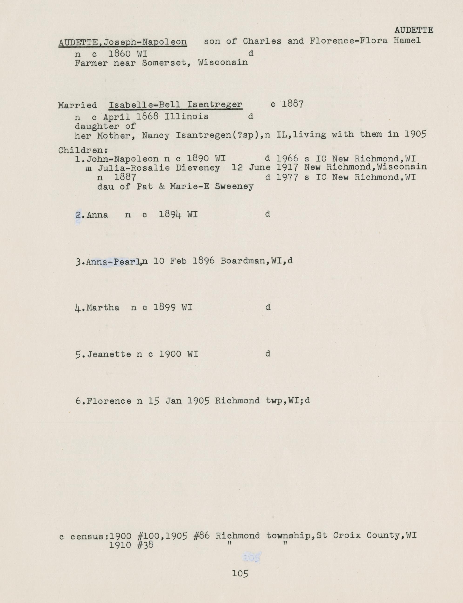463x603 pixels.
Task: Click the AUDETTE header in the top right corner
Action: click(x=414, y=30)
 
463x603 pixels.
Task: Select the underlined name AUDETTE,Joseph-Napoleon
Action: click(x=123, y=42)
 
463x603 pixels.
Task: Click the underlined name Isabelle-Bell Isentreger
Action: click(x=176, y=105)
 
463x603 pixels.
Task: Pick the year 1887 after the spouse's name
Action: click(x=292, y=104)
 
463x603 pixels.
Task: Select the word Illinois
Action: click(x=186, y=117)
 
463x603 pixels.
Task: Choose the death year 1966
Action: click(x=287, y=159)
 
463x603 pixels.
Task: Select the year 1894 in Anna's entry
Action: click(x=170, y=214)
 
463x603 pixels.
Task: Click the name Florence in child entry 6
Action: click(x=109, y=401)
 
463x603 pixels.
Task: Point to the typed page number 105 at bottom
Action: click(x=240, y=573)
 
